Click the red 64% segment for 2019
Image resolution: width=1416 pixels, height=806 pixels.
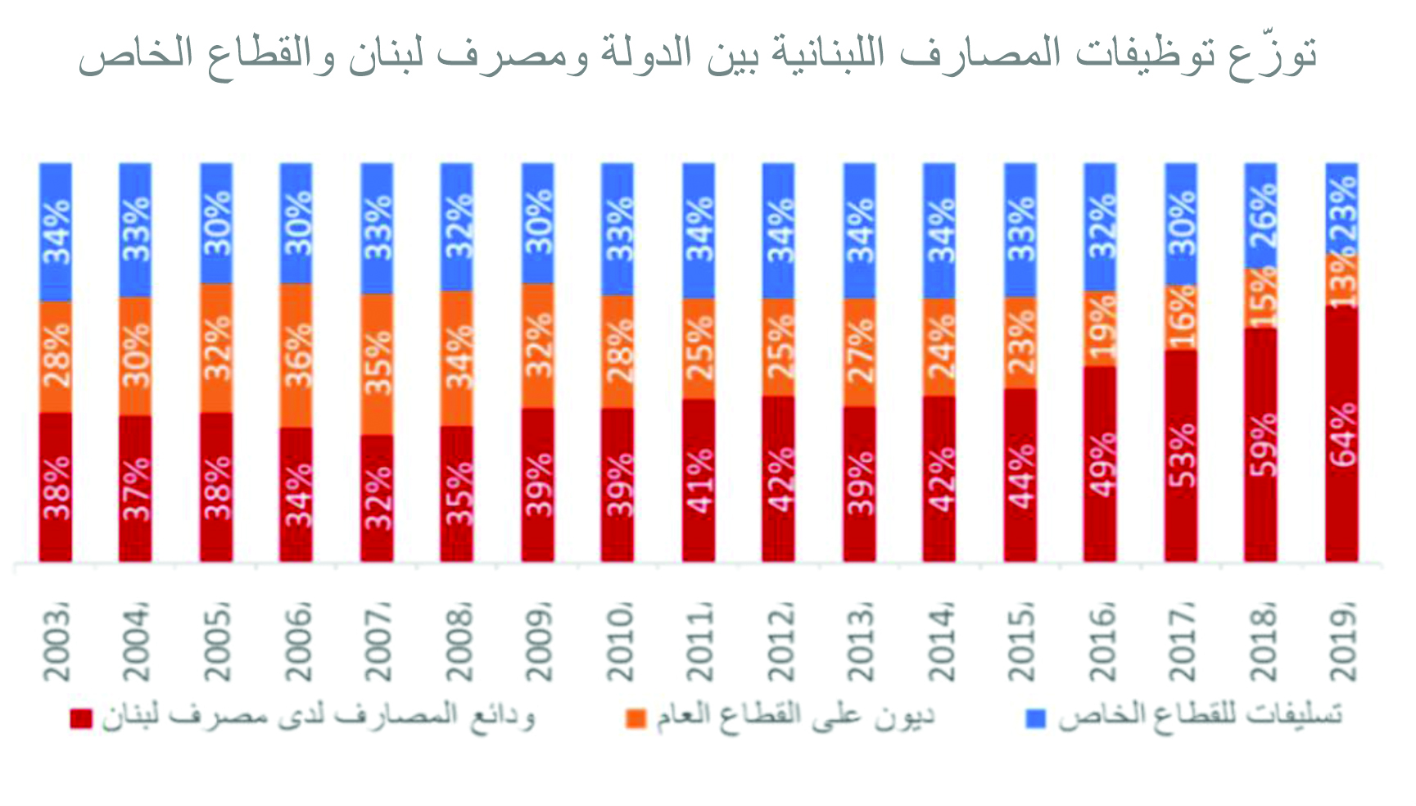click(1341, 434)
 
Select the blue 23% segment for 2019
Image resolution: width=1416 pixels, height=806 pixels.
click(1341, 209)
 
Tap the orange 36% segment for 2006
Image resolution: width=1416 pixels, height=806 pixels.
click(296, 355)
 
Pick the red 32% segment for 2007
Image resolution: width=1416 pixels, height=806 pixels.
click(377, 498)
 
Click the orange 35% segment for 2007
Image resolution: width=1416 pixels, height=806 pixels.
click(377, 365)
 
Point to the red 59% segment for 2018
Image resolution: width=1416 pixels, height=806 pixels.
click(1260, 445)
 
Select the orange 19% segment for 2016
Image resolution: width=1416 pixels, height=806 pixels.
click(1100, 328)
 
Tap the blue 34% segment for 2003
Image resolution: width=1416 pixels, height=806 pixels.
click(56, 232)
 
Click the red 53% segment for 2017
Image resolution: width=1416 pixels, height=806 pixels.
click(1181, 455)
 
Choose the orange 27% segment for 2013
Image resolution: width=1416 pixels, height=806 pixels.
click(860, 352)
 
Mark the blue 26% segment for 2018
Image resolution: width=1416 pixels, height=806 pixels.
click(1260, 215)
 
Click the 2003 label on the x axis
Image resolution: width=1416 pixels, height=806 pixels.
click(56, 642)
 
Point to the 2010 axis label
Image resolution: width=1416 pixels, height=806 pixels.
click(618, 642)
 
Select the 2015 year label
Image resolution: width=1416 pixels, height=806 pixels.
click(1020, 642)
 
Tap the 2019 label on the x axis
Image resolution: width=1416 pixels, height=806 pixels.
click(1341, 642)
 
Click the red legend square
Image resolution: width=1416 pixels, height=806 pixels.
click(80, 718)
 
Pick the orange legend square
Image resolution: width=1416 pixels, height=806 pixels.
click(636, 718)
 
